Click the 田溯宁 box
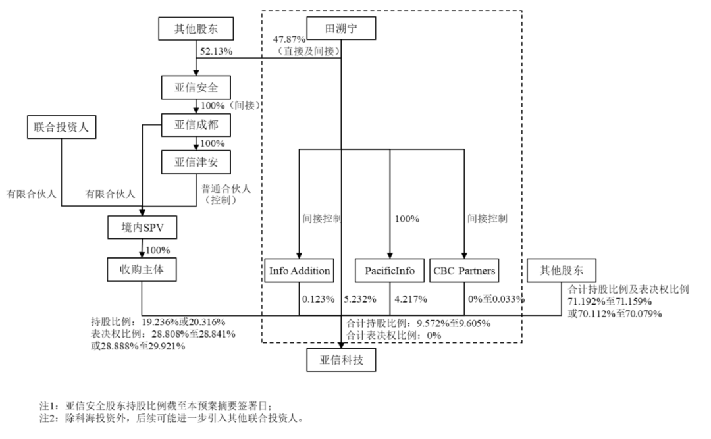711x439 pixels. [x=341, y=29]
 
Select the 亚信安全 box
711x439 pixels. [x=196, y=87]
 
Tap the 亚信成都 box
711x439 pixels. [x=196, y=124]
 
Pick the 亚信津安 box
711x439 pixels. [x=196, y=161]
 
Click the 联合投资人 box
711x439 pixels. [x=61, y=126]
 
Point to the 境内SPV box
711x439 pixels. [x=142, y=228]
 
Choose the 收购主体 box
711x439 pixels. [x=142, y=269]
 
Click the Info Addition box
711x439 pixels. [x=300, y=270]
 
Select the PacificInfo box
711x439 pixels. [x=389, y=270]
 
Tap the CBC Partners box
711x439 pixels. [x=465, y=270]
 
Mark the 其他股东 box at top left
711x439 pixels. [x=196, y=29]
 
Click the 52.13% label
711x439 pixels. [x=215, y=50]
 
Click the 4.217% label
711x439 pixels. [x=410, y=299]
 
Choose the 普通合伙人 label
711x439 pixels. [x=226, y=188]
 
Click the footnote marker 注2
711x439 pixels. [x=49, y=418]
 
